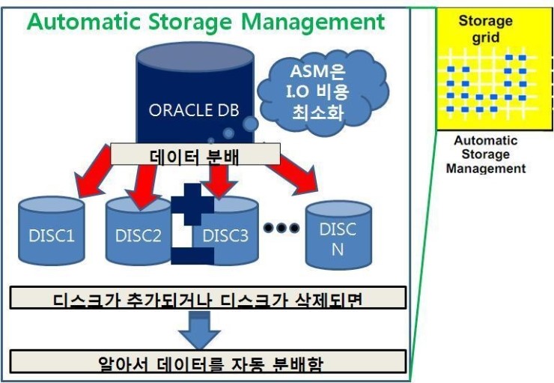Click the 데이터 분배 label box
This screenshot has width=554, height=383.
coord(195,155)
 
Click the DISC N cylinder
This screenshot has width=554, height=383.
coord(338,238)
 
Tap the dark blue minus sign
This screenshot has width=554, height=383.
coord(192,255)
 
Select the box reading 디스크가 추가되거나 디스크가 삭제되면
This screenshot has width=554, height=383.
coord(209,298)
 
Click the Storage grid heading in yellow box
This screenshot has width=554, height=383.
coord(485,28)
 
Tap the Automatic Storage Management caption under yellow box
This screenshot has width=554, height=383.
coord(485,154)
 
